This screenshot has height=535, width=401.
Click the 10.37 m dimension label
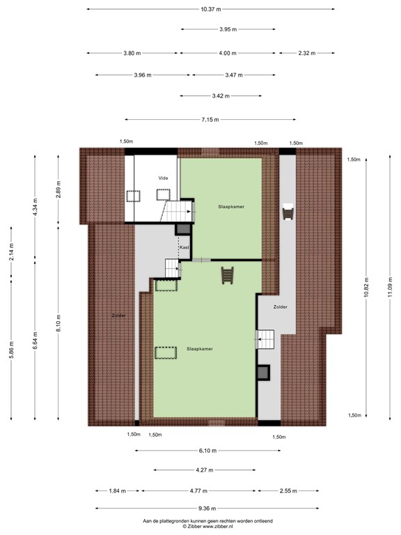(210, 9)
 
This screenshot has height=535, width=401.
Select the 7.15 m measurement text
(210, 120)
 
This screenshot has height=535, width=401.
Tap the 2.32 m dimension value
(306, 53)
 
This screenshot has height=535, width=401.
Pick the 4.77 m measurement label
(198, 491)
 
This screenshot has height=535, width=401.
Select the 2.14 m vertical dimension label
(11, 255)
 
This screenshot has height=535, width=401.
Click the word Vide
(163, 178)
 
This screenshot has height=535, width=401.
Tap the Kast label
(184, 247)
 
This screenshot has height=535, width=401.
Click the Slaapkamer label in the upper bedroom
(231, 207)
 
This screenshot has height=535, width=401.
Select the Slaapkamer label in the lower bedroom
(199, 348)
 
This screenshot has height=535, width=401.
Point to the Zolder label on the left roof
(118, 316)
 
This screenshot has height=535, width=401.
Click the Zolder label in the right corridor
(280, 307)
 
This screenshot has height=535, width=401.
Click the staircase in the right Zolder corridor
(267, 340)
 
